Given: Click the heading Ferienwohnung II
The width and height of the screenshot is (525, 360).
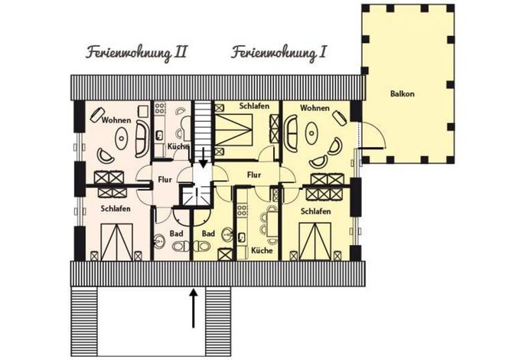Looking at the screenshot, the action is pyautogui.click(x=136, y=54).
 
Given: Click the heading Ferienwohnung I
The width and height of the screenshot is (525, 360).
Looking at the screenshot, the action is pyautogui.click(x=279, y=54).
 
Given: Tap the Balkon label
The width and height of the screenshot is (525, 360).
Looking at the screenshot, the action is pyautogui.click(x=402, y=93).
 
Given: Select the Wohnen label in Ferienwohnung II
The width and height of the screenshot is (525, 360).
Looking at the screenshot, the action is pyautogui.click(x=116, y=120).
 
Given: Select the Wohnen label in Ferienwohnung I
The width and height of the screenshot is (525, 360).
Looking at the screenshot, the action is pyautogui.click(x=315, y=108).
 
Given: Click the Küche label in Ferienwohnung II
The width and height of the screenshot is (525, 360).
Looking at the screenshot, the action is pyautogui.click(x=178, y=146).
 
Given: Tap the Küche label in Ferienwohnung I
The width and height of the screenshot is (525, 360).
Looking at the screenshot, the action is pyautogui.click(x=262, y=250).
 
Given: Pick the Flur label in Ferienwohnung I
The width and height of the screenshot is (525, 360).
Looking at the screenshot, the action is pyautogui.click(x=254, y=175).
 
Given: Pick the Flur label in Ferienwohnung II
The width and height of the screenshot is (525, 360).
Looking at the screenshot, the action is pyautogui.click(x=165, y=180).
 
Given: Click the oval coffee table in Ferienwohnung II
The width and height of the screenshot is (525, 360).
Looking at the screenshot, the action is pyautogui.click(x=121, y=138).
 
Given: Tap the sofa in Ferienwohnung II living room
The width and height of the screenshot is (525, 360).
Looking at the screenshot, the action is pyautogui.click(x=142, y=139).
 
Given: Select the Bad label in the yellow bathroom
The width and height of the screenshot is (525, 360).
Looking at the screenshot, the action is pyautogui.click(x=208, y=234).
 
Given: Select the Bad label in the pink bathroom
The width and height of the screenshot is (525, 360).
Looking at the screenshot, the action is pyautogui.click(x=176, y=234).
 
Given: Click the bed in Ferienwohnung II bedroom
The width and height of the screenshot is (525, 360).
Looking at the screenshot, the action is pyautogui.click(x=117, y=242).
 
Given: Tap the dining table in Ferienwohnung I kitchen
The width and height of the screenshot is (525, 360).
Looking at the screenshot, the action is pyautogui.click(x=272, y=225).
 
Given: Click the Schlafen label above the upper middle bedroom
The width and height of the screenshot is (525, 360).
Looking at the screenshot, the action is pyautogui.click(x=254, y=106).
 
